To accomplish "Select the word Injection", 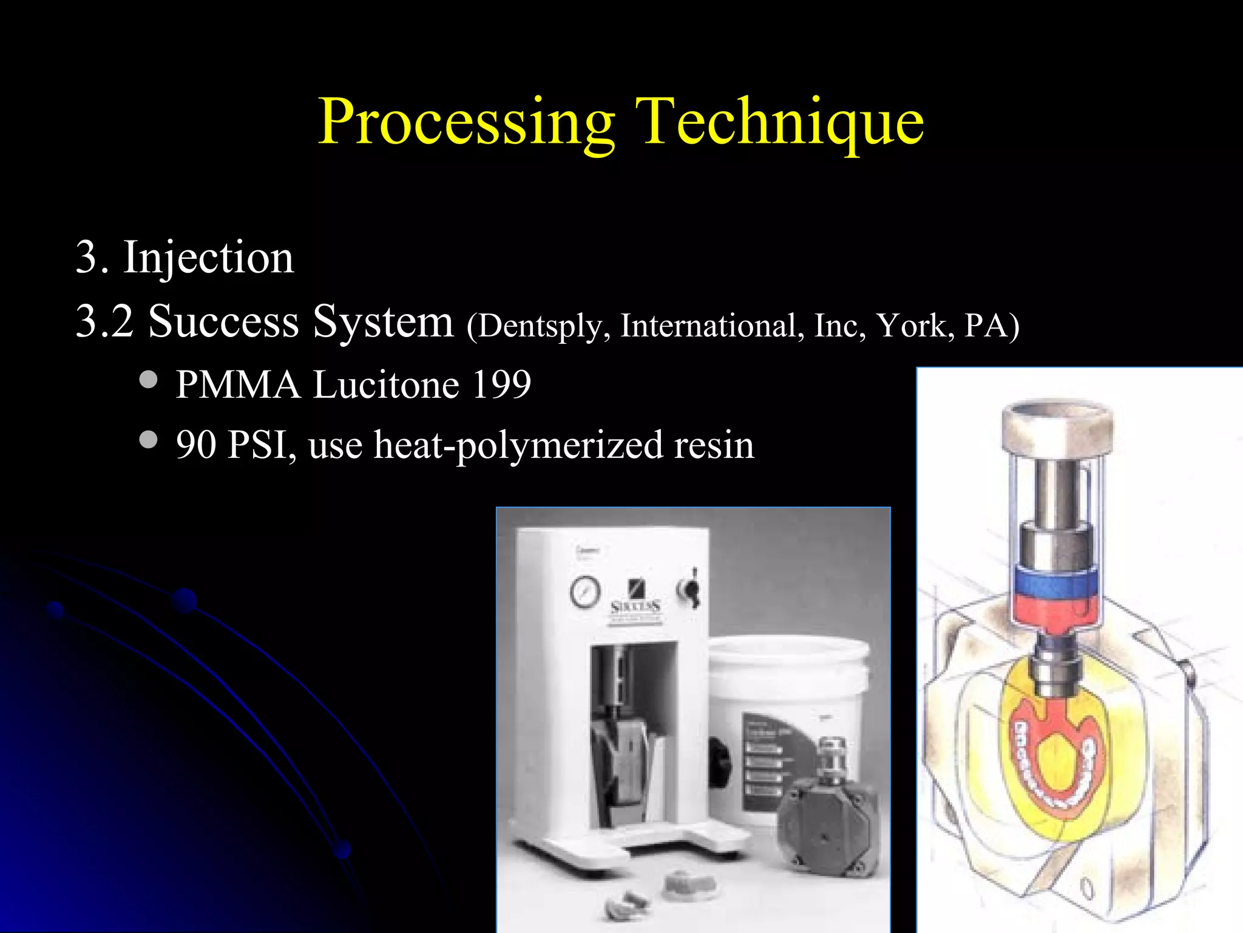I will pyautogui.click(x=208, y=258).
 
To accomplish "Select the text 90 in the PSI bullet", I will pyautogui.click(x=196, y=445).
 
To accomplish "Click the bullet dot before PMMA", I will pyautogui.click(x=148, y=380).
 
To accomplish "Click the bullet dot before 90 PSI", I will pyautogui.click(x=148, y=439).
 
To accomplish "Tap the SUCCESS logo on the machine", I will pyautogui.click(x=635, y=606).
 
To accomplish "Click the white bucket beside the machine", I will pyautogui.click(x=789, y=699).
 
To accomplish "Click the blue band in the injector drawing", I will pyautogui.click(x=1057, y=583).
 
